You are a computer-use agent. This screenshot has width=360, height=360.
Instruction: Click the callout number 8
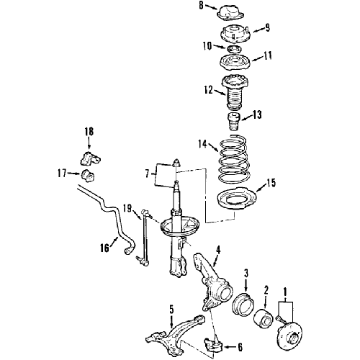pyautogui.click(x=201, y=6)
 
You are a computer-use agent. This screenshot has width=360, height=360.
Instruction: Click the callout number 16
pyautogui.click(x=104, y=248)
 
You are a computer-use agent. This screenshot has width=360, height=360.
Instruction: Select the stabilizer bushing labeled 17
pyautogui.click(x=88, y=176)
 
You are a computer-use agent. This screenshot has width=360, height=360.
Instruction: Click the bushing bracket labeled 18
pyautogui.click(x=90, y=158)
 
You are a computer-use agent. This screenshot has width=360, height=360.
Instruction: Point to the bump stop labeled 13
pyautogui.click(x=234, y=122)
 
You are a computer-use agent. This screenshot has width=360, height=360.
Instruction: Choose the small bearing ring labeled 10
pyautogui.click(x=233, y=49)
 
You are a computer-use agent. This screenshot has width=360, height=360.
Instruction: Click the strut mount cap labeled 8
pyautogui.click(x=230, y=15)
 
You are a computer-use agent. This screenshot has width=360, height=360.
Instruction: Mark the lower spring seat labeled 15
pyautogui.click(x=236, y=199)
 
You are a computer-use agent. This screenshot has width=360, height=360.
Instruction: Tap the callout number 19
pyautogui.click(x=127, y=208)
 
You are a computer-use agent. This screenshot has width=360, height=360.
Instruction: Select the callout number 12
pyautogui.click(x=208, y=90)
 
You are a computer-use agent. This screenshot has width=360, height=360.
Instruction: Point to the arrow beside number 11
pyautogui.click(x=257, y=58)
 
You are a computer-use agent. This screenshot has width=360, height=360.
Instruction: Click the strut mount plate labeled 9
pyautogui.click(x=235, y=35)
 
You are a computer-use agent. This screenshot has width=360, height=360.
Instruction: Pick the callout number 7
pyautogui.click(x=147, y=174)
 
